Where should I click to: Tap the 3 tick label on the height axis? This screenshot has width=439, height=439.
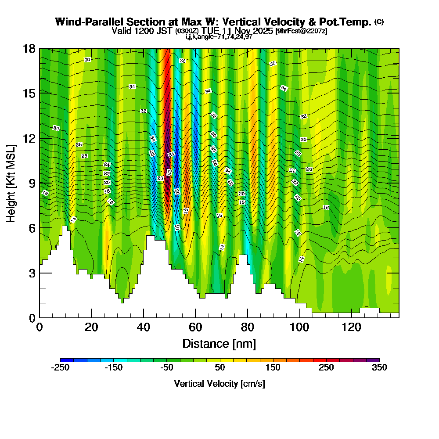point(32,273)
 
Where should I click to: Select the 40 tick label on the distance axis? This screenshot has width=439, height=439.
point(143,327)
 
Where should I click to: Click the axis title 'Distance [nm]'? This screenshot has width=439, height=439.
point(219,343)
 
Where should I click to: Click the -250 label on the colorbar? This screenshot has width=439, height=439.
point(61,368)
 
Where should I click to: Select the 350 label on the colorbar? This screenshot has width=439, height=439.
point(379,368)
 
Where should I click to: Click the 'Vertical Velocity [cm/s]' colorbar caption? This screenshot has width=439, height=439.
point(219,384)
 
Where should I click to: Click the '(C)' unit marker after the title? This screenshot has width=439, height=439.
point(379,22)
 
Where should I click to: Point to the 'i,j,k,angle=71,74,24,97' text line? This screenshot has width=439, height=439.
point(219,37)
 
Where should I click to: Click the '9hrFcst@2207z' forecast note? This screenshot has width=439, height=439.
point(301,31)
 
